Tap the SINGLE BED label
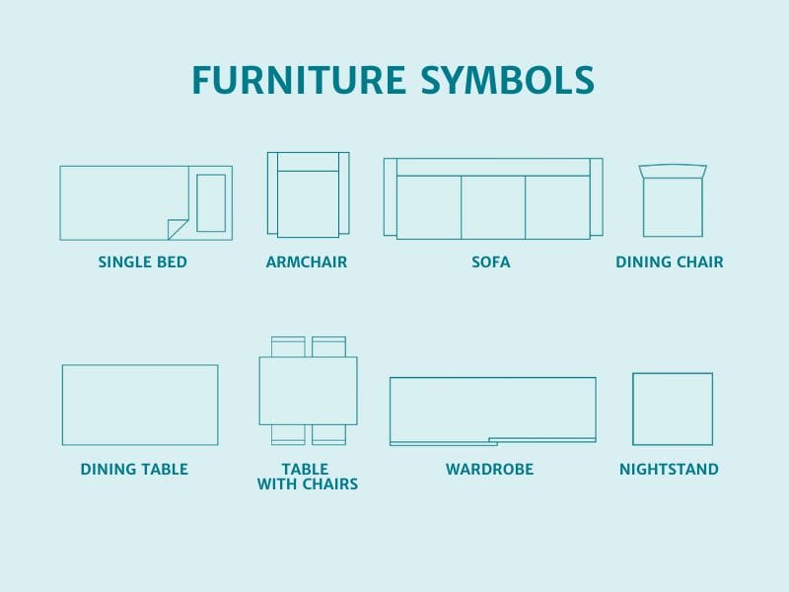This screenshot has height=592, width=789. pos(142,262)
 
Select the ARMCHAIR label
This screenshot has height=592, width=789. pos(307,262)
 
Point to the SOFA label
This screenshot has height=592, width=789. pos(491,262)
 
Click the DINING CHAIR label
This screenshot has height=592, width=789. pos(670,262)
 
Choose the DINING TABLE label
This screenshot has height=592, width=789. pos(134,470)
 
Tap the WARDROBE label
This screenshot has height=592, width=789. pos(489,470)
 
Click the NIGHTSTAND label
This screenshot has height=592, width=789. pos(669,470)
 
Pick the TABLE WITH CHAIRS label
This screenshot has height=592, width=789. pos(307,477)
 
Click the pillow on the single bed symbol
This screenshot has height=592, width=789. pos(211,203)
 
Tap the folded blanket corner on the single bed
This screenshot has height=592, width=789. pos(179,229)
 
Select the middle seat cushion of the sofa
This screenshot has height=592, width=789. pos(492,207)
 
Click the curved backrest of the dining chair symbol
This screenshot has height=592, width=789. pos(673,171)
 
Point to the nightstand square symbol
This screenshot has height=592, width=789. pos(673,408)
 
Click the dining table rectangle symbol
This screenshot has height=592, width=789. pos(140,405)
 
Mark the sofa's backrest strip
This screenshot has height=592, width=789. pos(493,167)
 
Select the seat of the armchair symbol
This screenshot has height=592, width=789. pos(308,203)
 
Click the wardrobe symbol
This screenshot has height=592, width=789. pos(492,407)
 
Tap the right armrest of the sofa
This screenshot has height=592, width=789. pos(596,196)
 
